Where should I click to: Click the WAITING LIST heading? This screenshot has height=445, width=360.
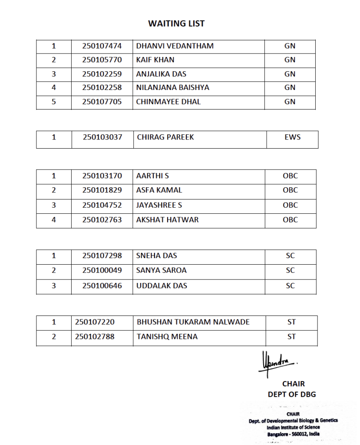pos(176,23)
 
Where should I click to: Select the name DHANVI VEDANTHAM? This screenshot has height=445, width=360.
pos(175,46)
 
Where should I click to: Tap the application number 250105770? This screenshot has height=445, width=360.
pos(102,60)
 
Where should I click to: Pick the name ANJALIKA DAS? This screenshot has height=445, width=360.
pos(161,74)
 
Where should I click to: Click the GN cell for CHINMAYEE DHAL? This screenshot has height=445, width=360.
pos(290,102)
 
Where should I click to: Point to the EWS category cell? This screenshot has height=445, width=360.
pos(291,137)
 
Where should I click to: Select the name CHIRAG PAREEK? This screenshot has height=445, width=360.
pos(165,137)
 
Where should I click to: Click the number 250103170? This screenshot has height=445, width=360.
pos(102,176)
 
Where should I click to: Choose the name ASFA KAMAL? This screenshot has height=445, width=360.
pos(159,190)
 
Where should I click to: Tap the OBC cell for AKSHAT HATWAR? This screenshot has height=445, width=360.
pos(290,219)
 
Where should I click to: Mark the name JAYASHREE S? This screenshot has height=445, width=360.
pos(159,205)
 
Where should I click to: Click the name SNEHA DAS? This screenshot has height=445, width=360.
pos(156,256)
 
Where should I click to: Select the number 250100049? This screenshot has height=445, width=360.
pos(102,270)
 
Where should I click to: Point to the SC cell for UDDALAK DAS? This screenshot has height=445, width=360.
pos(290,286)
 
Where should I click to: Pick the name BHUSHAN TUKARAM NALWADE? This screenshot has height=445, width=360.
pos(193,322)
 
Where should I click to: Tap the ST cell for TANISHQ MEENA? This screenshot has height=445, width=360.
pos(291,336)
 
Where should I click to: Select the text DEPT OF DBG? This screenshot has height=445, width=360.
pos(292,395)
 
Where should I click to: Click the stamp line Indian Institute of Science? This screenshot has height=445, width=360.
pos(293,427)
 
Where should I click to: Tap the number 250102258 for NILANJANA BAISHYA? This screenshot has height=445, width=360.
pos(102,87)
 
